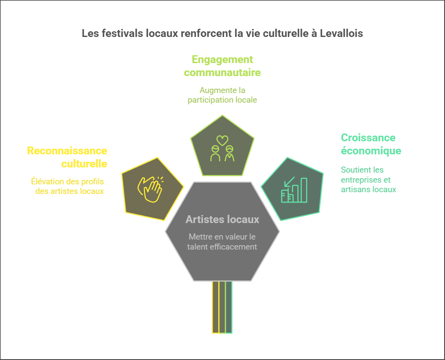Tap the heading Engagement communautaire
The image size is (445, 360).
pyautogui.click(x=222, y=66)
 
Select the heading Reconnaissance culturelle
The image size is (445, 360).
pyautogui.click(x=67, y=157)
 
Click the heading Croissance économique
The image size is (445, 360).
pyautogui.click(x=371, y=144)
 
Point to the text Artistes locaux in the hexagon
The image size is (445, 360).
pyautogui.click(x=222, y=220)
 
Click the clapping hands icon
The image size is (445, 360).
pyautogui.click(x=149, y=189)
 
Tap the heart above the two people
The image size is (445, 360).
pyautogui.click(x=222, y=140)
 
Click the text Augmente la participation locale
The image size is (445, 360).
pyautogui.click(x=222, y=95)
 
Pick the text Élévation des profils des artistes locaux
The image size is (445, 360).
pyautogui.click(x=67, y=186)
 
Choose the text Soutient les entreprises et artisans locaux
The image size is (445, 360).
pyautogui.click(x=368, y=180)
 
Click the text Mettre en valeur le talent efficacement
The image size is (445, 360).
pyautogui.click(x=222, y=242)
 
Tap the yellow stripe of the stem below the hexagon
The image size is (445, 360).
pyautogui.click(x=215, y=307)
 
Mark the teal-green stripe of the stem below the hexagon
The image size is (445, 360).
pyautogui.click(x=229, y=307)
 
